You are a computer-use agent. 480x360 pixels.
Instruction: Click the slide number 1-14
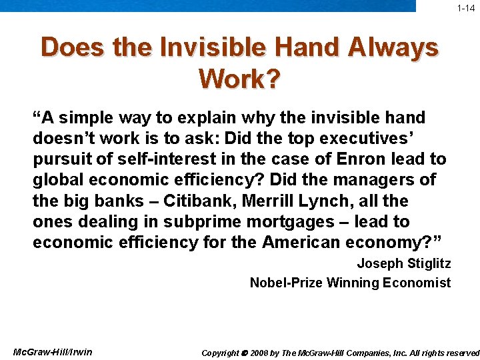click(465, 9)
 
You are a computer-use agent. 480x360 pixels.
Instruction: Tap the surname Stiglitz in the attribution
click(427, 263)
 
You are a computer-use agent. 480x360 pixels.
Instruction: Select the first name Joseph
click(379, 263)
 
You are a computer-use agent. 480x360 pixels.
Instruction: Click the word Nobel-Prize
click(286, 283)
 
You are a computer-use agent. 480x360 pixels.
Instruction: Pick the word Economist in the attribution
click(417, 283)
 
